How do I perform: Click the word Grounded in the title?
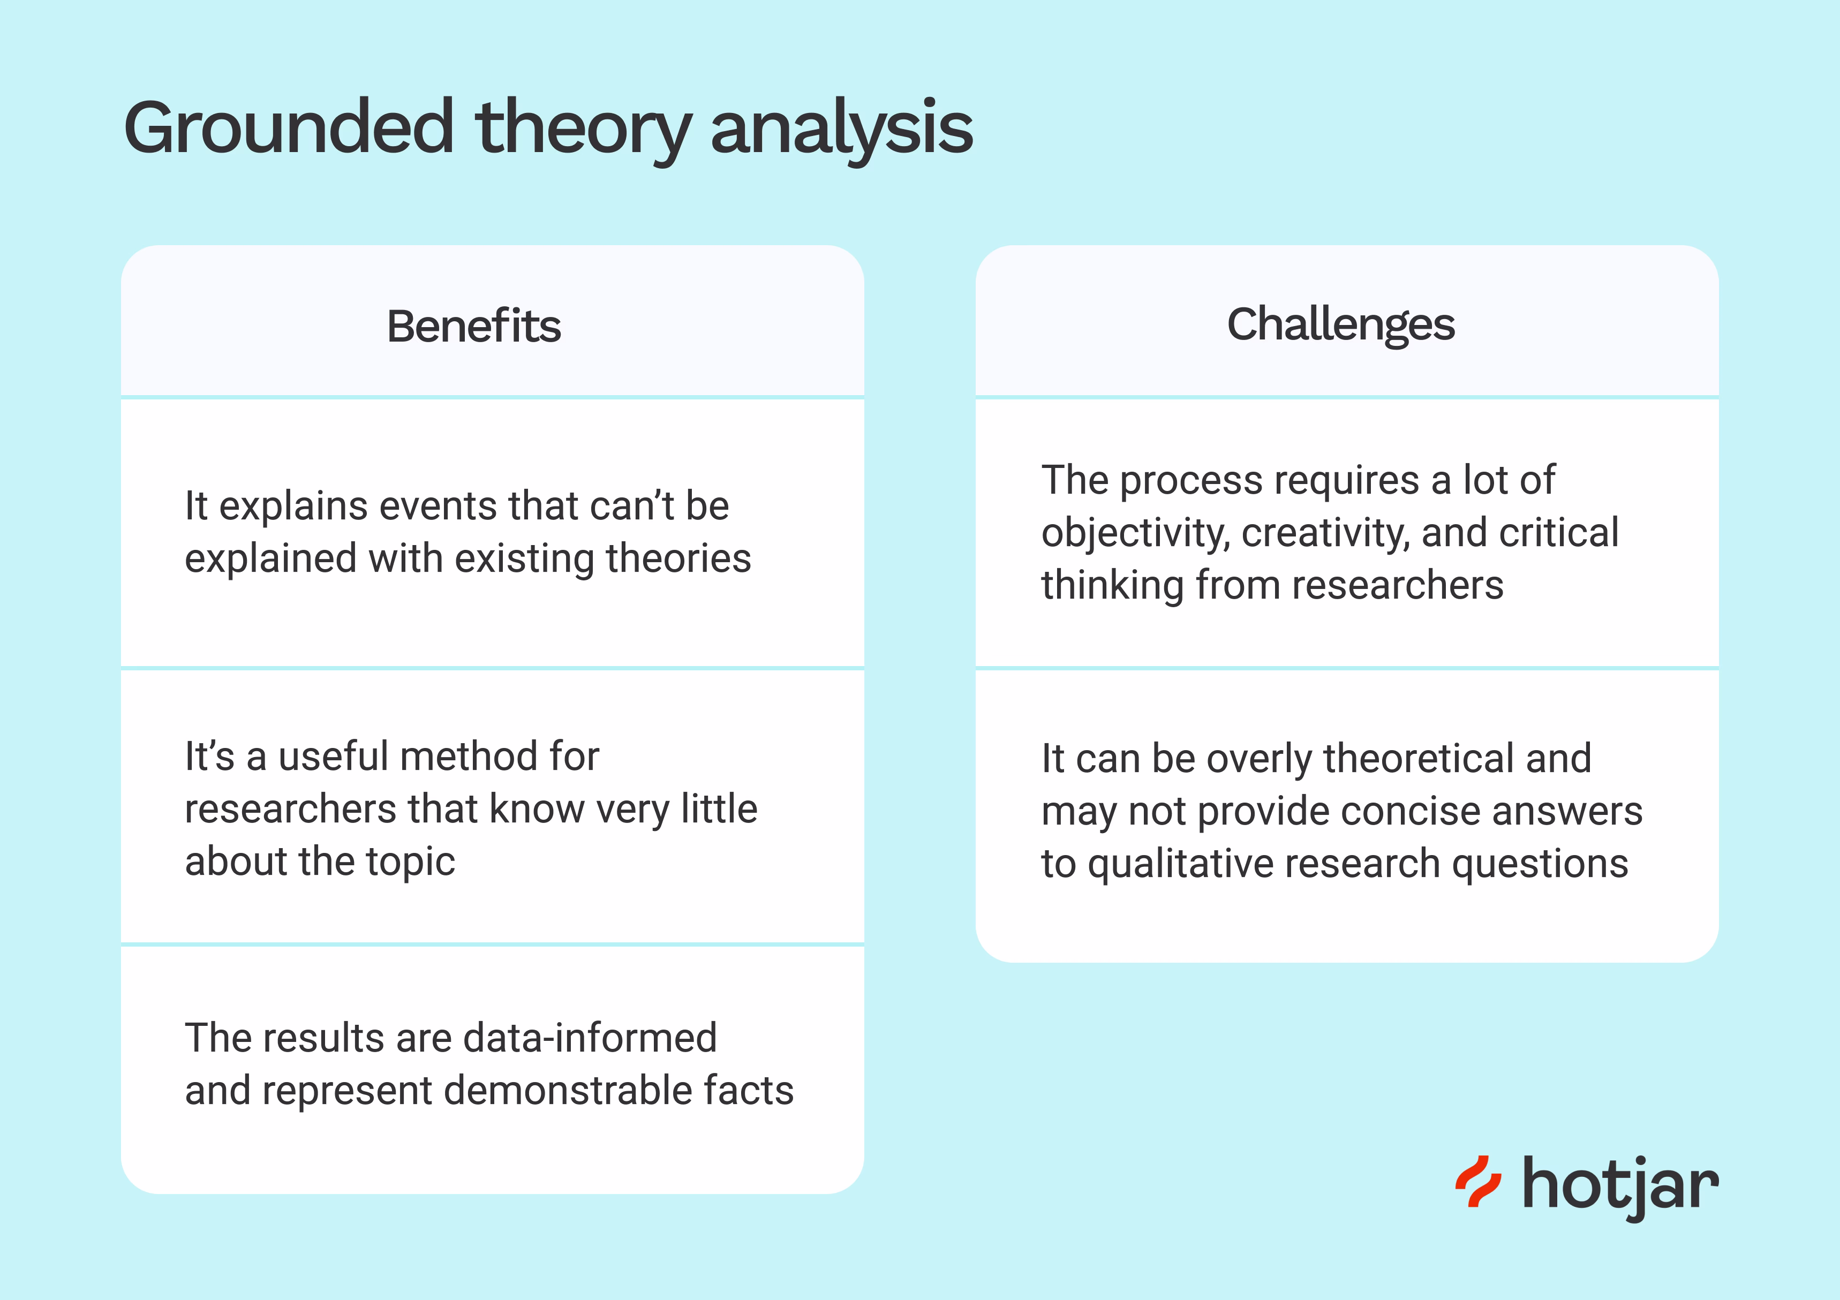click(x=289, y=129)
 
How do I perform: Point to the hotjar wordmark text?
click(x=1619, y=1184)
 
